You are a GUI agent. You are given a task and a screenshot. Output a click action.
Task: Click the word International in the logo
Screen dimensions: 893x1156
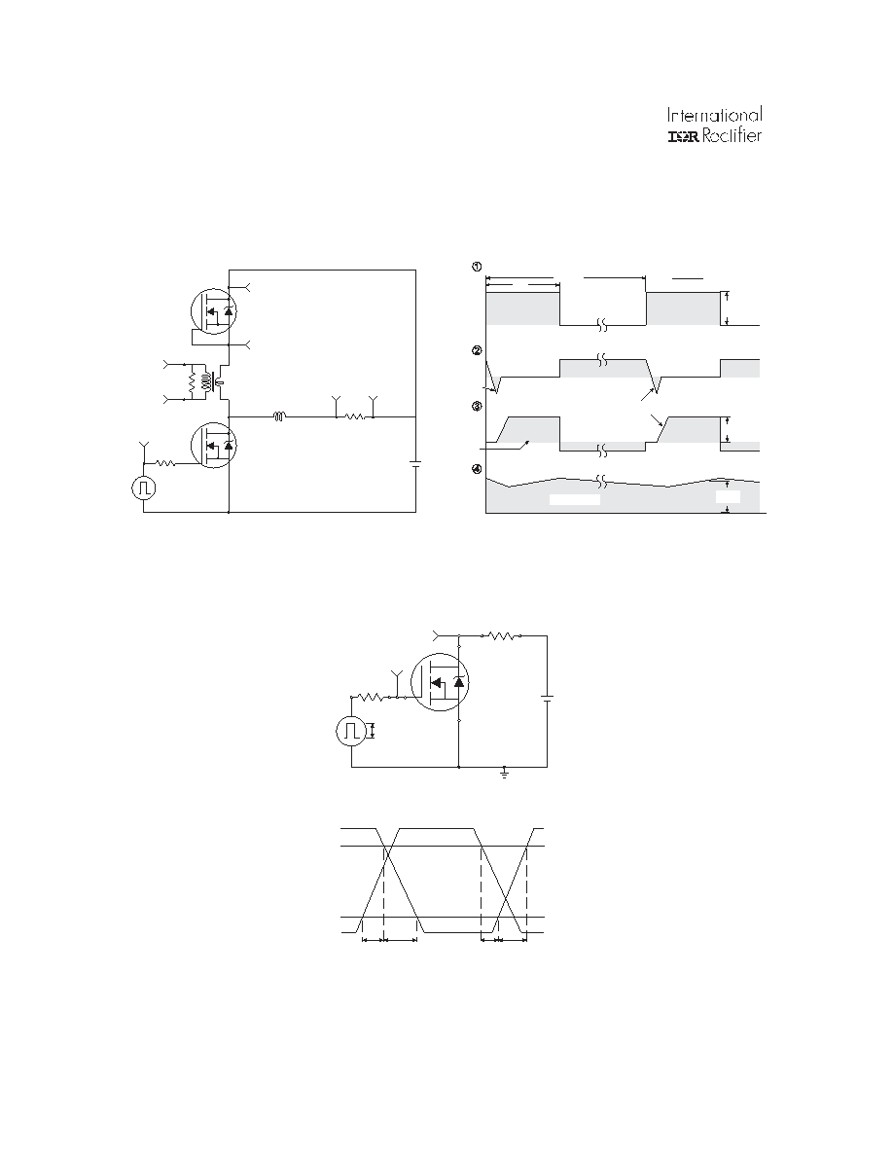(715, 115)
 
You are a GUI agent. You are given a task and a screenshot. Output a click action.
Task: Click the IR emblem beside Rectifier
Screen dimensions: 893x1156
(683, 136)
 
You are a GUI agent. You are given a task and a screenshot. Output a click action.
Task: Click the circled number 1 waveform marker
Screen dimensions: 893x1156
(477, 267)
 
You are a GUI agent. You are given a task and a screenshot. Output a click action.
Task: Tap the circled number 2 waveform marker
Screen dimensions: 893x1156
(477, 350)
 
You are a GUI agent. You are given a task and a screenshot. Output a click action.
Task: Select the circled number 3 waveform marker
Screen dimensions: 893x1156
(477, 406)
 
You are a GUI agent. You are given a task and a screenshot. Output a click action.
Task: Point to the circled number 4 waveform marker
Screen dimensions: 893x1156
(477, 468)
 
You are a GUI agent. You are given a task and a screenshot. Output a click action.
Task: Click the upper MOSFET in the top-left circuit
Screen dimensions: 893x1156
(214, 310)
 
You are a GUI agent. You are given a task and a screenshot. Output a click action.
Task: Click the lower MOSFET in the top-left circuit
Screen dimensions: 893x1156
(214, 445)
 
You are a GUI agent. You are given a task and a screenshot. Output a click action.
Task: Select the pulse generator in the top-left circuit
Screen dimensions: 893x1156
(144, 488)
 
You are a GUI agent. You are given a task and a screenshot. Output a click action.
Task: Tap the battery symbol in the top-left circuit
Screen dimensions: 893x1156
(416, 464)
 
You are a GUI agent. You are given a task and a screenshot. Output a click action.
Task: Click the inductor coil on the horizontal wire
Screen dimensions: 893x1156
(280, 416)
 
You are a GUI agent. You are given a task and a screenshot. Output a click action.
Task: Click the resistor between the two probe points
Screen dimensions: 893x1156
(354, 416)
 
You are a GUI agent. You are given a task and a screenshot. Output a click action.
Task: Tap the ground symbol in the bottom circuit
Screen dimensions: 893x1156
(505, 774)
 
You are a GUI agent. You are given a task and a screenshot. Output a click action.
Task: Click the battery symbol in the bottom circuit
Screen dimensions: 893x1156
(547, 698)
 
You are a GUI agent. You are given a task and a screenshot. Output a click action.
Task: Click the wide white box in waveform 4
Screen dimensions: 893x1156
(575, 499)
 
